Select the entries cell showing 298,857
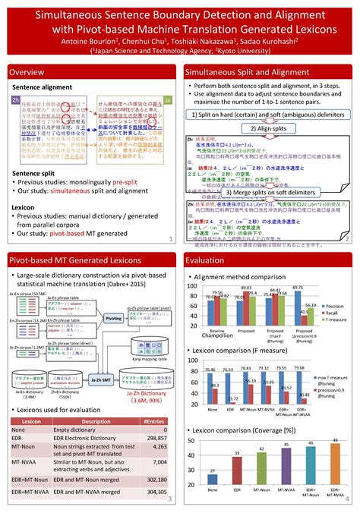(x=156, y=438)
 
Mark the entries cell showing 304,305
(x=156, y=492)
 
